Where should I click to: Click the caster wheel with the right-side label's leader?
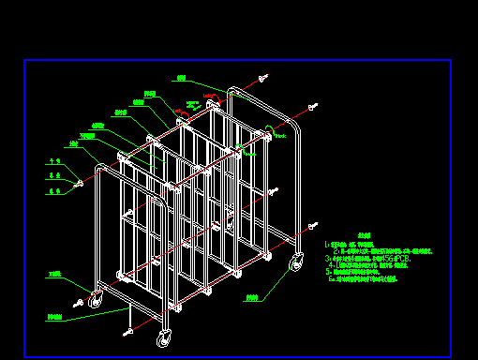(296, 262)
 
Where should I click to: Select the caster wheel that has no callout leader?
(165, 337)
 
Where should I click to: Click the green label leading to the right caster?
(252, 298)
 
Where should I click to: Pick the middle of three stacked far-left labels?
(54, 175)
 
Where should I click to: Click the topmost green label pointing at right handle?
(181, 78)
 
